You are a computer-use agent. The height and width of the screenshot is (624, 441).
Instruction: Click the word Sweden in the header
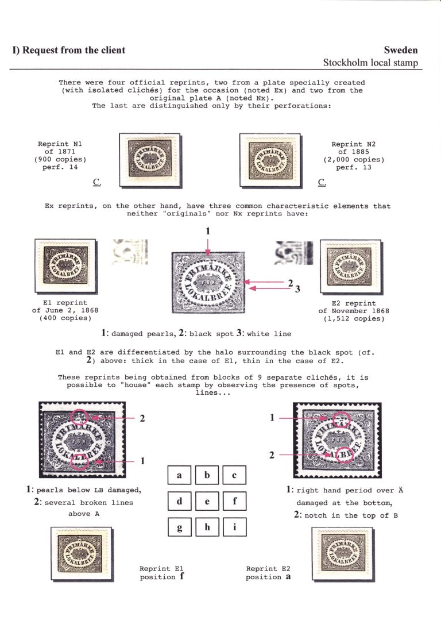[x=401, y=50]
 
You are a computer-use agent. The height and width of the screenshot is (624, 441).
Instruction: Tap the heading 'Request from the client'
[x=69, y=50]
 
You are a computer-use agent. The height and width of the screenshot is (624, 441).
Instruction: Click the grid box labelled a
[x=180, y=475]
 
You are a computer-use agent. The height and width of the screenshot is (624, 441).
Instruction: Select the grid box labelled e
[x=207, y=501]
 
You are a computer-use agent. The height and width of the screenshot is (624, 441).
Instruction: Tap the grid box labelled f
[x=235, y=501]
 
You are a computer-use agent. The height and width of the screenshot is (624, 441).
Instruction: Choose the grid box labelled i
[x=235, y=527]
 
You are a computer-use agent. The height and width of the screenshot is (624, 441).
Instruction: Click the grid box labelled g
[x=180, y=527]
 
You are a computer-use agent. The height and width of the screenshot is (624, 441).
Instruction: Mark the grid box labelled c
[x=235, y=475]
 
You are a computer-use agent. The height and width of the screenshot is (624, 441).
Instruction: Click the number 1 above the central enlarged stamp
[x=208, y=231]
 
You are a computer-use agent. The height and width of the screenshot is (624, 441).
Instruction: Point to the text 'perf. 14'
[x=56, y=167]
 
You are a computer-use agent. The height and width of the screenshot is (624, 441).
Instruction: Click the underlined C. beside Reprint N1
[x=96, y=183]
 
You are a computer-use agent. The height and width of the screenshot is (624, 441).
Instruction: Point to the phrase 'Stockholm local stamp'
[x=370, y=63]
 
